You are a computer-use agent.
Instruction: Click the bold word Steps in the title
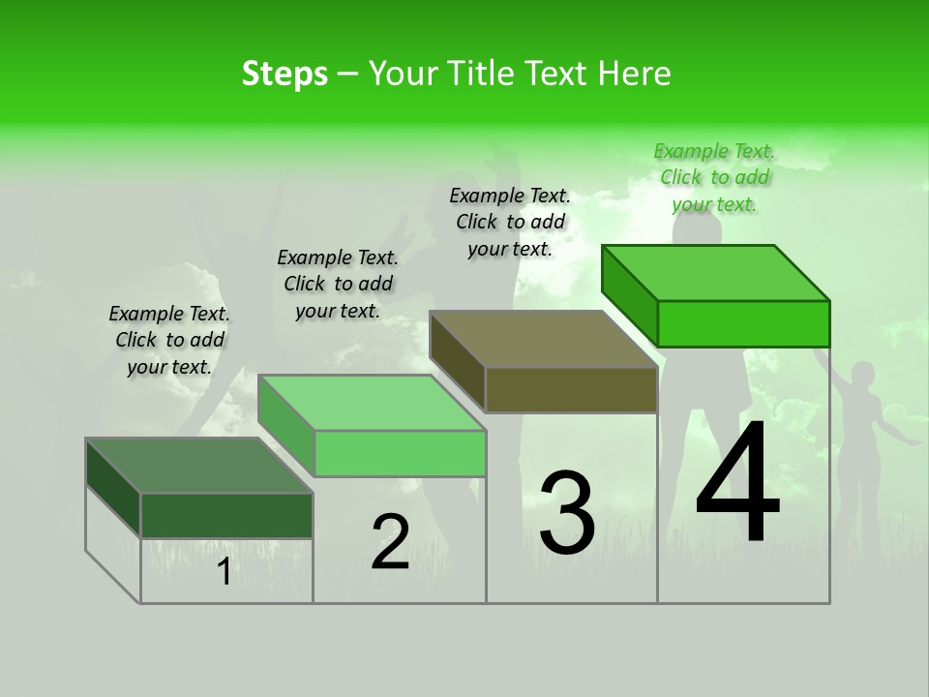coord(285,74)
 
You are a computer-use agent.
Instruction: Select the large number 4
coord(737,484)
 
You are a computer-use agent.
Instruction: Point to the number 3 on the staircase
coord(566,513)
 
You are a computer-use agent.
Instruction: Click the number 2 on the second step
coord(390,542)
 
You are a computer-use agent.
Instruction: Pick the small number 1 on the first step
coord(224,572)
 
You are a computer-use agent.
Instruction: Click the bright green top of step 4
coord(715,272)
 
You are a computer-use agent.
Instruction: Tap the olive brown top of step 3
coord(543,339)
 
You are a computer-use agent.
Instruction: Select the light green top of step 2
coord(372,403)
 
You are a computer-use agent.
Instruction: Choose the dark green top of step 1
coord(199,466)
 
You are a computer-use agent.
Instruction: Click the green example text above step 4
coord(714,177)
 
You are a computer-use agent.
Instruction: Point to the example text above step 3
coord(510,222)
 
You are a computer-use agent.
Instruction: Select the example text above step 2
coord(338,284)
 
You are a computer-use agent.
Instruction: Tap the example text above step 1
coord(169,340)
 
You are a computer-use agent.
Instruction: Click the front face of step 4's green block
coord(743,323)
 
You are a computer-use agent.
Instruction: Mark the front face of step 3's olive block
coord(571,390)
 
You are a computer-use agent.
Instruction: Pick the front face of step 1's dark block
coord(226,515)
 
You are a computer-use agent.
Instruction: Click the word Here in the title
coord(638,74)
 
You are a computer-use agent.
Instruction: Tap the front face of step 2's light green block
coord(400,453)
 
